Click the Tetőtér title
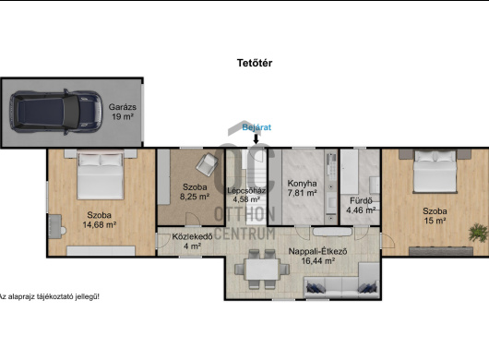255,63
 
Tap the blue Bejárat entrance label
256,127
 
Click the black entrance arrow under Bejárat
256,138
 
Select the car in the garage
56,112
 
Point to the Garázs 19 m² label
122,112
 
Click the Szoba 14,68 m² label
99,220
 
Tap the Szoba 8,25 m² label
195,192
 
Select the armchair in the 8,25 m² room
207,163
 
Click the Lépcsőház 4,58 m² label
246,195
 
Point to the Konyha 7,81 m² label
303,188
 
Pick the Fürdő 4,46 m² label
361,205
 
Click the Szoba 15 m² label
435,216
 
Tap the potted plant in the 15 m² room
479,233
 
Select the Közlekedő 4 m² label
193,241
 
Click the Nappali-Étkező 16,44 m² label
317,256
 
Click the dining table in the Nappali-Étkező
262,270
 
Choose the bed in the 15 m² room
435,172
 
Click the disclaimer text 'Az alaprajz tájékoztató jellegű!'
50,296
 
